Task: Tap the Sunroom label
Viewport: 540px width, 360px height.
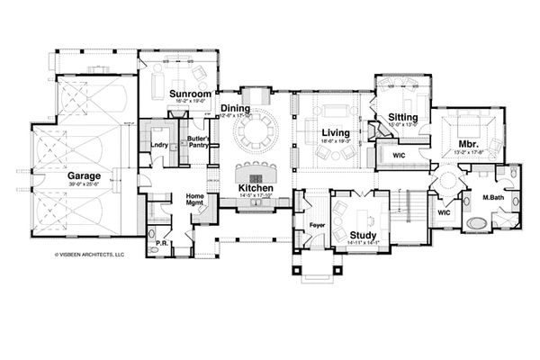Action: pyautogui.click(x=190, y=93)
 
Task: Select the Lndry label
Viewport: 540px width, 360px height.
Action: pyautogui.click(x=160, y=143)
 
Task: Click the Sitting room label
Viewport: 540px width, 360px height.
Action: pyautogui.click(x=400, y=117)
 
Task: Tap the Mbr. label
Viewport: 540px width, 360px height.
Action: pyautogui.click(x=467, y=143)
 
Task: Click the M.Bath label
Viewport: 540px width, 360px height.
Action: pyautogui.click(x=492, y=197)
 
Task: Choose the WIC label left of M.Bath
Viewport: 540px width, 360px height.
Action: pyautogui.click(x=444, y=212)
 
